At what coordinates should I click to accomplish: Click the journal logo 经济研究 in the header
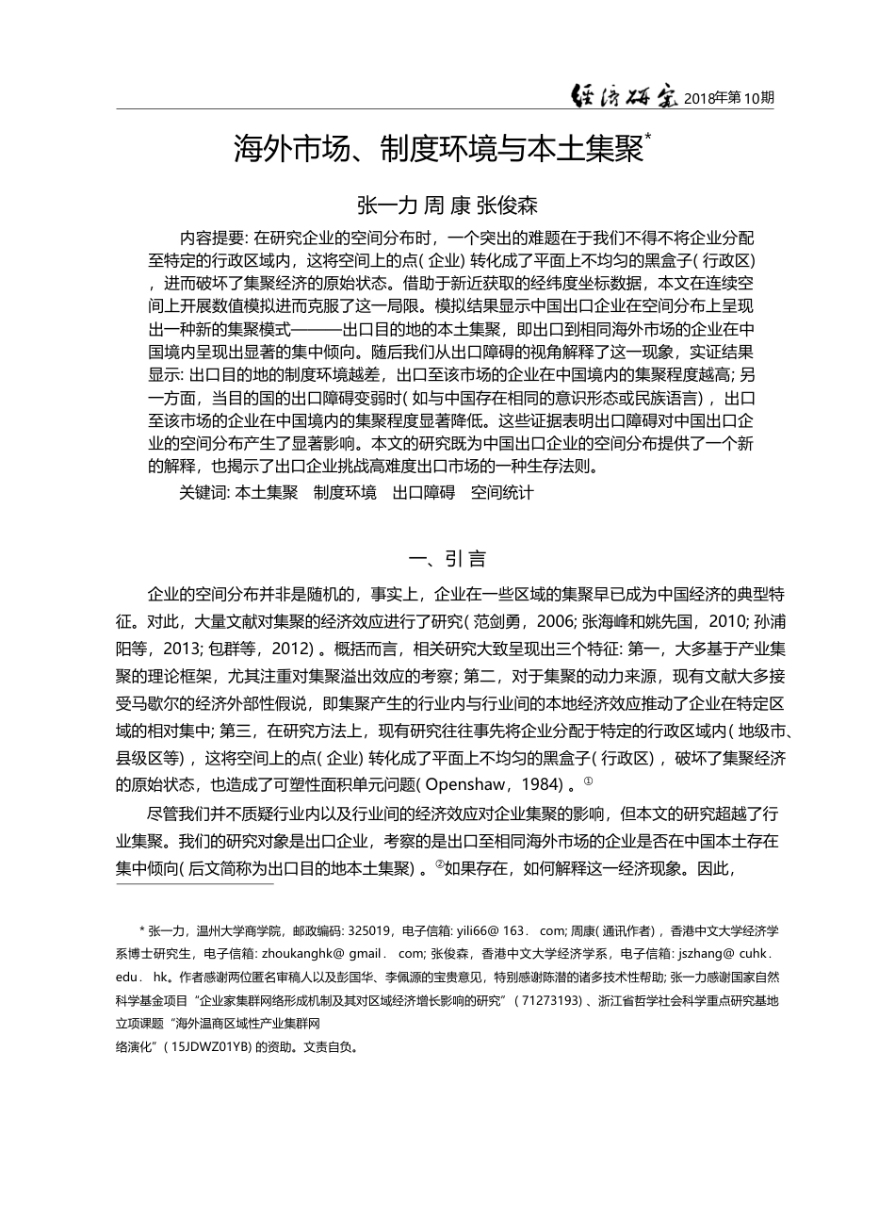(625, 96)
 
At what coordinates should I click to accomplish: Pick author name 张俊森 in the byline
(506, 205)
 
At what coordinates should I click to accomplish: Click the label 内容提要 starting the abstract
(214, 238)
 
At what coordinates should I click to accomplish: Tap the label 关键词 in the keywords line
(202, 492)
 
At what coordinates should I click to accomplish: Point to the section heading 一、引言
(447, 558)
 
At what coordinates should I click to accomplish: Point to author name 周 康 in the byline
(447, 205)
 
